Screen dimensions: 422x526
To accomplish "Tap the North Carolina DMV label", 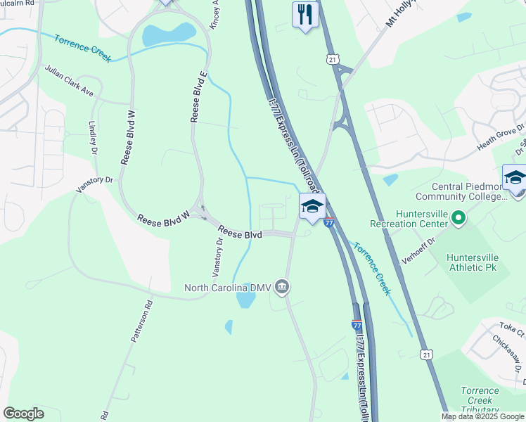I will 228,287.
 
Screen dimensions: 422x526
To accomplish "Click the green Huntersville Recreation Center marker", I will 458,219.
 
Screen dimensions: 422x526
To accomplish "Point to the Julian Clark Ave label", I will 69,82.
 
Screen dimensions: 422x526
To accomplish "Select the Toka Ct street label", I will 508,328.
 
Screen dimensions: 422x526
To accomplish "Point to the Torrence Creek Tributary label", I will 480,400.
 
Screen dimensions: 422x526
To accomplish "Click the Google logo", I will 23,414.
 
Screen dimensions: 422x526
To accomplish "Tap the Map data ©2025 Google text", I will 482,416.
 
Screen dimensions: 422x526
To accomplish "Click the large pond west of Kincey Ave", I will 169,33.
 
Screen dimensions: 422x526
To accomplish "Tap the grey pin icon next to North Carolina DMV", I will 282,286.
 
